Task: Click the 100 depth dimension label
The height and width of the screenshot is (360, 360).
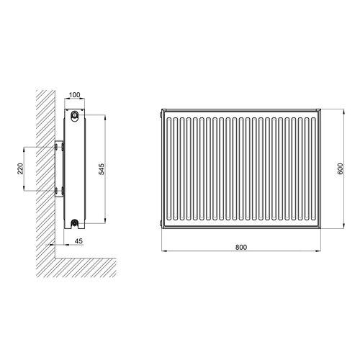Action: [x=74, y=95]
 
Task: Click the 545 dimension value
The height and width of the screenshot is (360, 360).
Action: [x=102, y=169]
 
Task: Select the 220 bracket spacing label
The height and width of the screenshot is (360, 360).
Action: [x=20, y=168]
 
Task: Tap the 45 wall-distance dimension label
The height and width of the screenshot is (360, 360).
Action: [x=78, y=240]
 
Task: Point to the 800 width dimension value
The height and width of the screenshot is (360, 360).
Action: [x=241, y=247]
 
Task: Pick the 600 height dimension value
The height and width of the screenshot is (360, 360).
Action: [x=341, y=168]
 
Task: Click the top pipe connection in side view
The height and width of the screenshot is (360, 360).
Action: [x=75, y=115]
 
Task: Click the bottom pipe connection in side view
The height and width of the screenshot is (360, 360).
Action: [x=75, y=223]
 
